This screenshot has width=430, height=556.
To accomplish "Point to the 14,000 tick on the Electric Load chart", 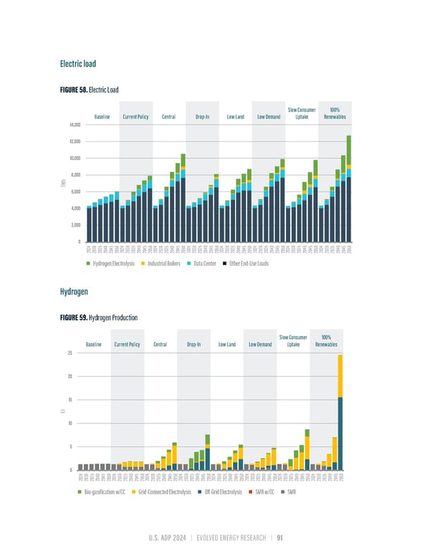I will click(x=75, y=125).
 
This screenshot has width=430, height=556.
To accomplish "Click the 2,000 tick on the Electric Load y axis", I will click(x=76, y=224).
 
